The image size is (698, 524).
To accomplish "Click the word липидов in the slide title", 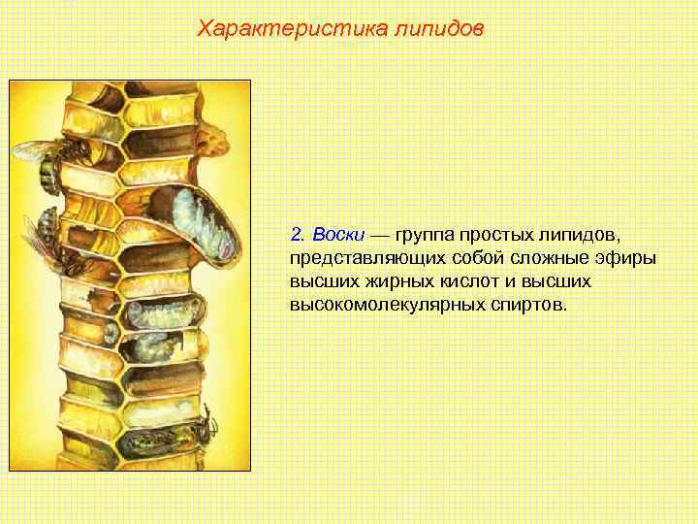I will click(436, 28).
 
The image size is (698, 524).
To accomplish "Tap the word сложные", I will click(542, 258).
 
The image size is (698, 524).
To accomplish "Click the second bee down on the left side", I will click(43, 233).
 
